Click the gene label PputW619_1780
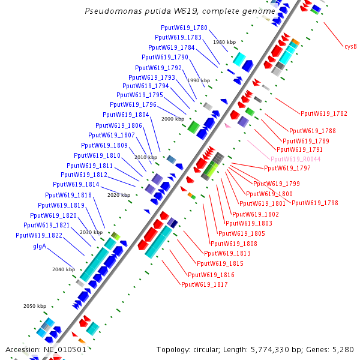pos(184,28)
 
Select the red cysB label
pos(350,46)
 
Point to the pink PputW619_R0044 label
pos(295,159)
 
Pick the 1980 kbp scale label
pos(224,42)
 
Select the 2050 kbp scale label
pos(35,306)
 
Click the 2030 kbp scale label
pos(91,232)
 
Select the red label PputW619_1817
pos(205,284)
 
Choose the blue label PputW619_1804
pos(126,115)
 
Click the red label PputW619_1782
pos(324,113)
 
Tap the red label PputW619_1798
pos(315,203)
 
